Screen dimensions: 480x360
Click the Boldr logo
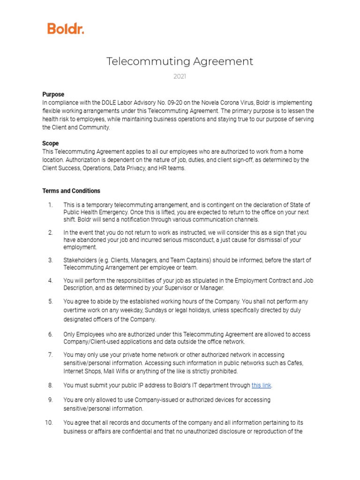(66, 29)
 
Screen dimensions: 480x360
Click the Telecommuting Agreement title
(180, 61)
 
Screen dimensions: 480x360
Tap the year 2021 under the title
(180, 76)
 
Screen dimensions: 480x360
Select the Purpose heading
(53, 94)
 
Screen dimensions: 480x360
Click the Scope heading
(51, 143)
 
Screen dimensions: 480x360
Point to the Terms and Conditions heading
(71, 191)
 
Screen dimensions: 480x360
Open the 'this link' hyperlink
(261, 385)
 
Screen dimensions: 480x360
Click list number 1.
(50, 205)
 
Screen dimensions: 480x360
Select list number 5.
(50, 301)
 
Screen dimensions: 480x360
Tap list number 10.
(49, 423)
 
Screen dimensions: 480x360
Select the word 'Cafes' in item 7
(295, 363)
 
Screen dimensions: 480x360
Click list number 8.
(50, 385)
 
